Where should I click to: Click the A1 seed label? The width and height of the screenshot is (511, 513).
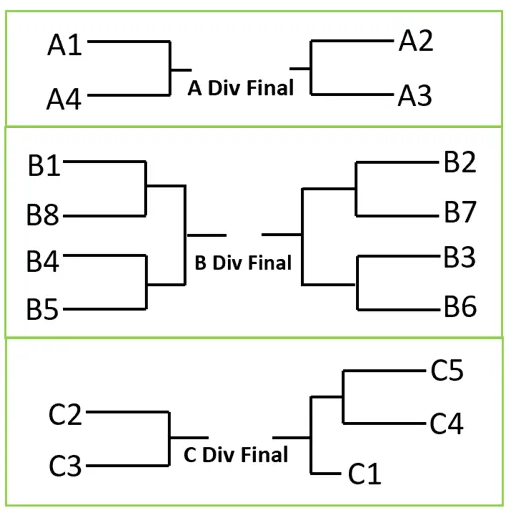65,45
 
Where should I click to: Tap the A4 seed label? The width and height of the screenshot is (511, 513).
64,99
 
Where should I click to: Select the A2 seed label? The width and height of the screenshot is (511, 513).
416,41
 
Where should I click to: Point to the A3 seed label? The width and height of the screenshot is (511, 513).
415,96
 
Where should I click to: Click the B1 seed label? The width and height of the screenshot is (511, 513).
44,165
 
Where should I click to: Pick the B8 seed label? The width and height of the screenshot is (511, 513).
43,215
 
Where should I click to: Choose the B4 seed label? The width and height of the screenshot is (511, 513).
43,261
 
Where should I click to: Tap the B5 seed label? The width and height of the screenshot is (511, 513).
43,309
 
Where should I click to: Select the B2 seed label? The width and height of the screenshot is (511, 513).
460,162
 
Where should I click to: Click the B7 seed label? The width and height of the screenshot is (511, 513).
460,212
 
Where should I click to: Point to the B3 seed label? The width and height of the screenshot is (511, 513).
460,257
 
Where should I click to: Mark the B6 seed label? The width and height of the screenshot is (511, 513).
460,306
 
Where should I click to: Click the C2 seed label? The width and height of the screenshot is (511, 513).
65,414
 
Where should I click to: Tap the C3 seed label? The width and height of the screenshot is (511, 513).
65,466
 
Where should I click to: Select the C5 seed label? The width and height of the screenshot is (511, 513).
447,370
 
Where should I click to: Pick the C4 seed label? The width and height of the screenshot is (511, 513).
447,423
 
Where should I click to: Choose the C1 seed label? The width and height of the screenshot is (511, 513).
365,473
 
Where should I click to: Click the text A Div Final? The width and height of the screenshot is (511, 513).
241,88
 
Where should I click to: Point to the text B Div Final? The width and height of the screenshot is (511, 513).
243,263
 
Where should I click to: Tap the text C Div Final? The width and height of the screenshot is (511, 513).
236,454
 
